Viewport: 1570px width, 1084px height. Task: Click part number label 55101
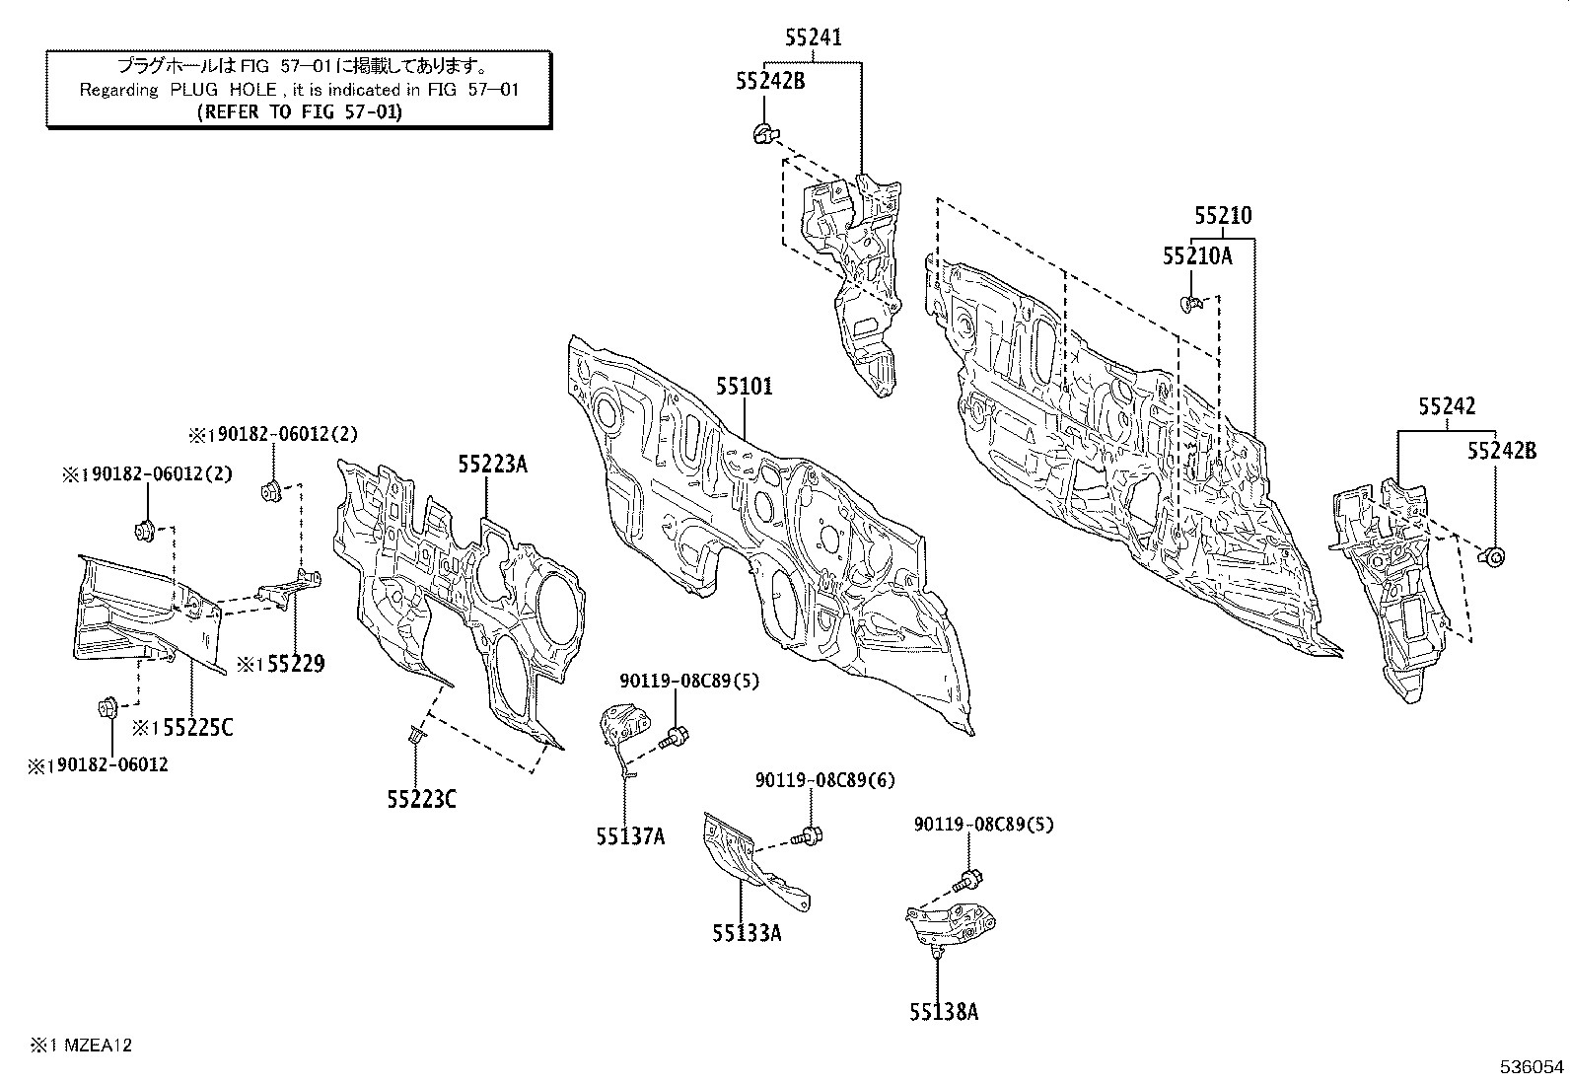pos(745,387)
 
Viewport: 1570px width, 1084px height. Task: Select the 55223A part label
pos(492,464)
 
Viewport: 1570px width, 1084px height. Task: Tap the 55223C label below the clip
pos(421,799)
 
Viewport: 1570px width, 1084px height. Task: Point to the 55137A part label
pos(630,836)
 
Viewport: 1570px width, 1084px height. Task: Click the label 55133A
pos(747,932)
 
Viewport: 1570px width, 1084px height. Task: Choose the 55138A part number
pos(944,1012)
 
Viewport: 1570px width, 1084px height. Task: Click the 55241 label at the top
pos(814,37)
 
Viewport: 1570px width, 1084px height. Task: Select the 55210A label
pos(1197,256)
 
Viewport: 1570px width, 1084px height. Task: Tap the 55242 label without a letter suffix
pos(1447,406)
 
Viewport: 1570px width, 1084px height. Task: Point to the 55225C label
pos(197,728)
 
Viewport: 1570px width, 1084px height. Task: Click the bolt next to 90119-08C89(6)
pos(811,836)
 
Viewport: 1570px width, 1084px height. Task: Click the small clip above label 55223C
pos(414,732)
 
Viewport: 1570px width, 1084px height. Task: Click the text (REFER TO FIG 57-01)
pos(300,111)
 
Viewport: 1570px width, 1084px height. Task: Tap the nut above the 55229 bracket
pos(270,490)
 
